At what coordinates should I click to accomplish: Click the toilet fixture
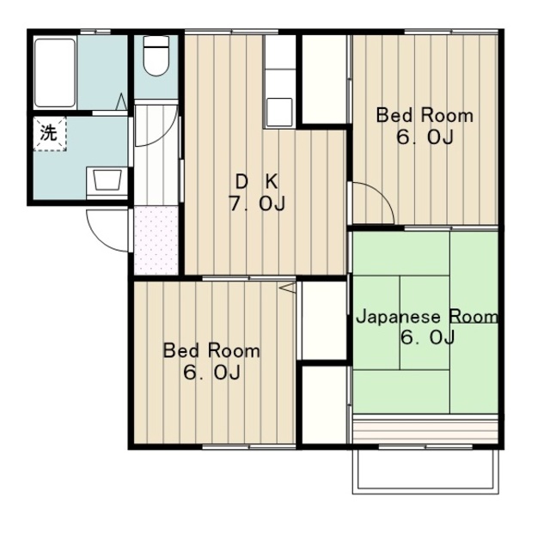pos(156,56)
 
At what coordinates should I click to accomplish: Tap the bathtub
pos(55,73)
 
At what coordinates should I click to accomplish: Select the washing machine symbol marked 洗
pos(50,134)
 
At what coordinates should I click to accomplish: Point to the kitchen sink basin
pos(279,112)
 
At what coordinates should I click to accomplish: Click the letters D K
pos(257,182)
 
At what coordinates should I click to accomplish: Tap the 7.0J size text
pos(257,203)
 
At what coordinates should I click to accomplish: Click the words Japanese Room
pos(427,317)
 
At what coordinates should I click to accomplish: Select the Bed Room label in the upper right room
pos(425,116)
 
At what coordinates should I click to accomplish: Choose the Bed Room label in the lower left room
pos(211,350)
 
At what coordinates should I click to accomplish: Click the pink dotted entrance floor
pos(156,240)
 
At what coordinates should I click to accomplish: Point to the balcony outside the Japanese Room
pos(425,471)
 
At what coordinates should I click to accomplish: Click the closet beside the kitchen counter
pos(324,79)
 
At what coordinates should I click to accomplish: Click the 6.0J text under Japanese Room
pos(428,337)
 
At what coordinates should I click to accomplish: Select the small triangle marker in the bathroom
pos(121,101)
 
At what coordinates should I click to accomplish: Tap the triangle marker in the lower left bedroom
pos(288,288)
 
